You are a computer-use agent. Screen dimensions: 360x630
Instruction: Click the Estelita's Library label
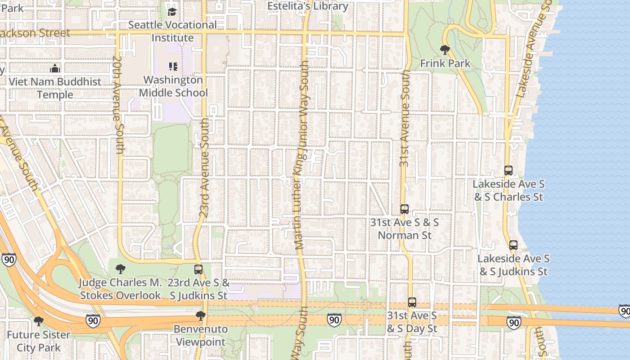[308, 6]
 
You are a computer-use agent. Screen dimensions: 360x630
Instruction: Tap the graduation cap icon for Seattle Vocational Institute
[172, 11]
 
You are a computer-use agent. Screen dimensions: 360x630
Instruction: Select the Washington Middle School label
[173, 86]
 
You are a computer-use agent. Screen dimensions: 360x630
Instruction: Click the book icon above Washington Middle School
[173, 67]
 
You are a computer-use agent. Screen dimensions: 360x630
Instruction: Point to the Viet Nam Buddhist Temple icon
[55, 68]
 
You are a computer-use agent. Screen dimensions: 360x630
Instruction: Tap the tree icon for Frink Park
[445, 50]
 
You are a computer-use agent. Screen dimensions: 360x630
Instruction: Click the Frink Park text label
[445, 63]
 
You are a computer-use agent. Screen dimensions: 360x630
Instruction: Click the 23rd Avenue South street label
[204, 168]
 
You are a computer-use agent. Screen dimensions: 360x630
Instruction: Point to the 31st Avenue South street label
[405, 118]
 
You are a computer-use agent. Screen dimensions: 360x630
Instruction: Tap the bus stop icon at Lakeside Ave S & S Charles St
[508, 171]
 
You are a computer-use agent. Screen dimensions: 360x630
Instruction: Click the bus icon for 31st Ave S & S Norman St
[405, 209]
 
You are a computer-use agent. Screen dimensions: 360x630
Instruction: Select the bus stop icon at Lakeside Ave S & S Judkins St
[513, 245]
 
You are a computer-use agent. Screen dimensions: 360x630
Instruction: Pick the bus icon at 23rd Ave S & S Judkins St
[198, 270]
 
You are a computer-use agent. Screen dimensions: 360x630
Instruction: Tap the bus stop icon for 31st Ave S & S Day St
[412, 302]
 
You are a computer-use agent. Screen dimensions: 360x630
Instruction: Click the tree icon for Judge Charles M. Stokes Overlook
[120, 269]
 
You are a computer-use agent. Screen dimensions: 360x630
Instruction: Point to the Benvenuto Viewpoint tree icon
[201, 316]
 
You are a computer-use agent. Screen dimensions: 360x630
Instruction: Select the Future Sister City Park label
[39, 341]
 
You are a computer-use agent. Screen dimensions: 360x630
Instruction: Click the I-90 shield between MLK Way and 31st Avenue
[334, 319]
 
